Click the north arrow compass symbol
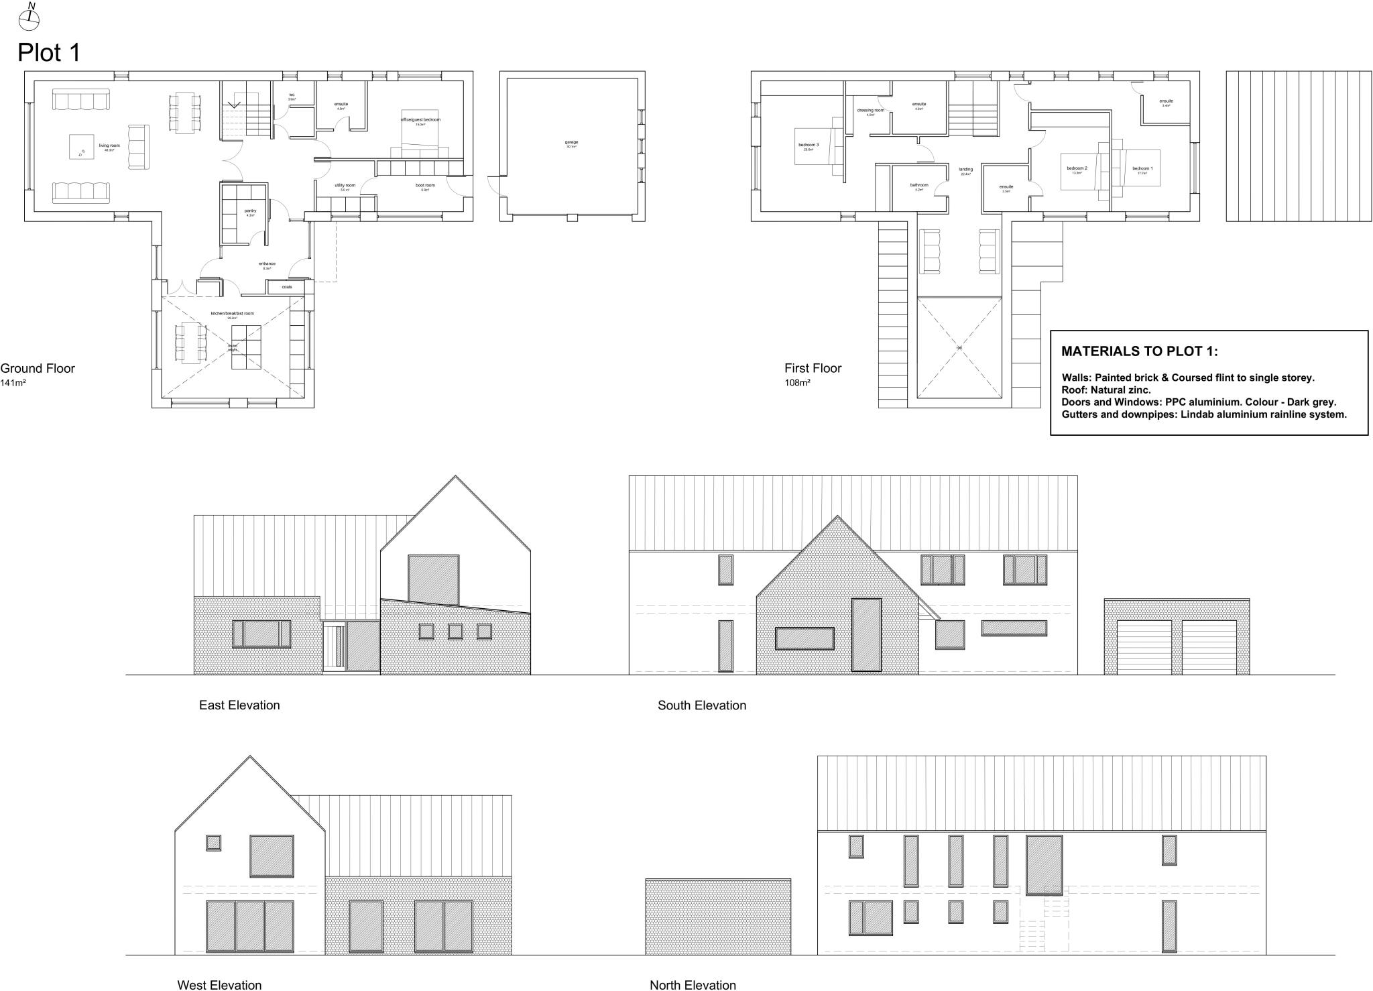(x=29, y=19)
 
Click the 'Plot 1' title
(x=49, y=53)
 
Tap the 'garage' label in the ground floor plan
(x=571, y=142)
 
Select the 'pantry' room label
(x=250, y=211)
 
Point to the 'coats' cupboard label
(x=286, y=287)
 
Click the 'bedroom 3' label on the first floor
(x=808, y=145)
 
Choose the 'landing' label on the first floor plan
(x=965, y=170)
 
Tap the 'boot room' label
(x=425, y=186)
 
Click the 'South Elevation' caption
(x=701, y=705)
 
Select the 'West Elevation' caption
(x=219, y=984)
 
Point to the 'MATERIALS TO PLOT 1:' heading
(x=1139, y=351)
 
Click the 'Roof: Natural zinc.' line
(x=1106, y=390)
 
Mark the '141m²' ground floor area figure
(x=13, y=383)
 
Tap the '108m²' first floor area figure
(x=797, y=383)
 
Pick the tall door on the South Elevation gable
(x=865, y=634)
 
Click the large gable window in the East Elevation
(x=434, y=579)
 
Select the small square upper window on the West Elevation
(x=214, y=842)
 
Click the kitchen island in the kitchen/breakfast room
(x=246, y=347)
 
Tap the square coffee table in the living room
(x=82, y=147)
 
